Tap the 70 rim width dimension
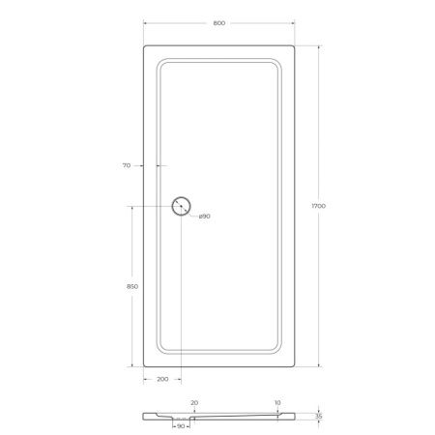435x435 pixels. tap(126, 166)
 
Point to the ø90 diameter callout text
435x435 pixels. tap(205, 216)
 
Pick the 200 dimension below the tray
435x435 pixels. tap(161, 379)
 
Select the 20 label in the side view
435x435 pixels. tap(194, 402)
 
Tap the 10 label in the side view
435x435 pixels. tap(277, 402)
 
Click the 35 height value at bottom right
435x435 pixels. tap(320, 417)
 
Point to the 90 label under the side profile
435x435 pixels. tap(180, 425)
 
